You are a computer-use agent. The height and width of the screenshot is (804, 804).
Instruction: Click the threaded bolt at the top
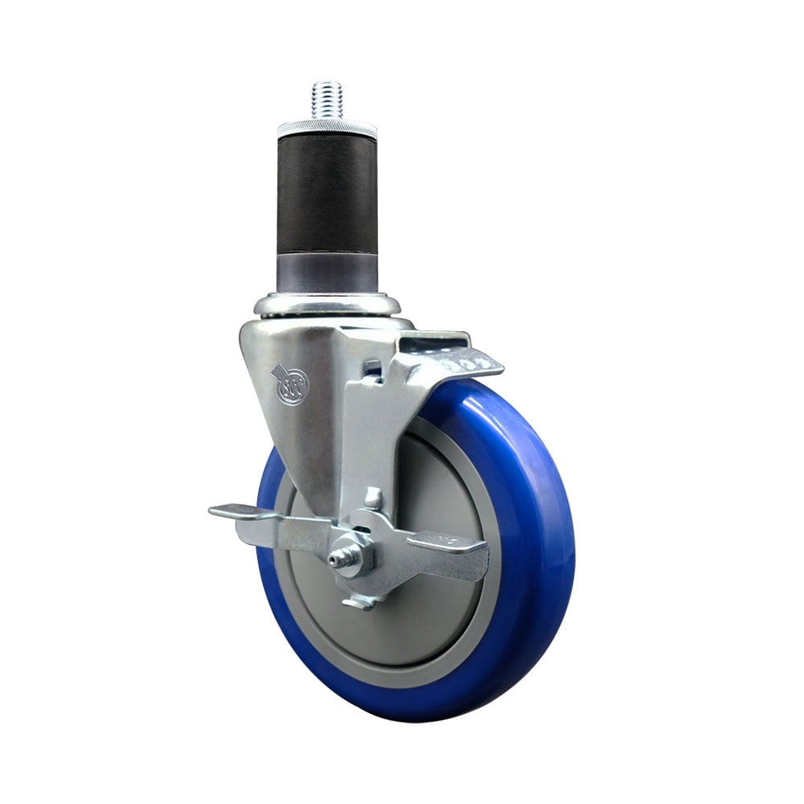point(327,99)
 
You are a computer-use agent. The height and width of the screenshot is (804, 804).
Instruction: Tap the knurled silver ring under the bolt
point(327,129)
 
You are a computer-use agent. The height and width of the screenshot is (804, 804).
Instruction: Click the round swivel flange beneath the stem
point(327,306)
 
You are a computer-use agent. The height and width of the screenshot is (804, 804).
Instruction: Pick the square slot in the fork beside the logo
point(371,371)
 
